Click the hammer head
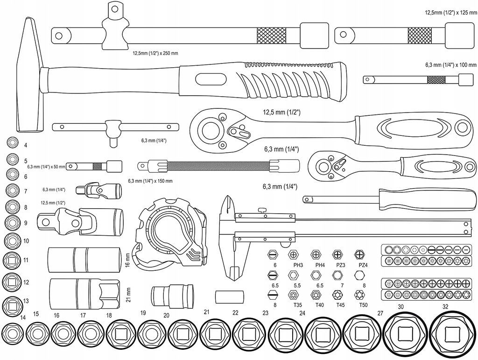(x=29, y=75)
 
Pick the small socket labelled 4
(x=12, y=142)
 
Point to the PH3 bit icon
(x=293, y=254)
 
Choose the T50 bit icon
(x=360, y=295)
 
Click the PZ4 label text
(x=363, y=265)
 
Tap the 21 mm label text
(x=128, y=295)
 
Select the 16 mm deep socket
(x=84, y=260)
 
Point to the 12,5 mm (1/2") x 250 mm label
(x=155, y=53)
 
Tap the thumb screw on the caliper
(x=261, y=210)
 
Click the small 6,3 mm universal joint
(x=99, y=190)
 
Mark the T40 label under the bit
(x=319, y=305)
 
